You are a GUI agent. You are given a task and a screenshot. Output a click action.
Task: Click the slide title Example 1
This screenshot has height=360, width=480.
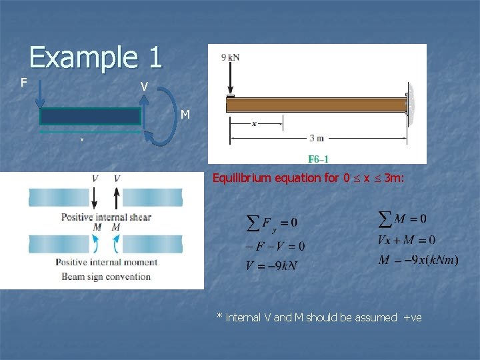pyautogui.click(x=95, y=57)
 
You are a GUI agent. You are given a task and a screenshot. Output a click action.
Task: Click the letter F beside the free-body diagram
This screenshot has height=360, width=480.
pyautogui.click(x=23, y=83)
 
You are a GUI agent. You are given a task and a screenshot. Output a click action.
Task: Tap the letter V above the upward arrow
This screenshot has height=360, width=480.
pyautogui.click(x=144, y=87)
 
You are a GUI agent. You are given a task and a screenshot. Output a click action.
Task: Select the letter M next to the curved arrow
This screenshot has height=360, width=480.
pyautogui.click(x=185, y=115)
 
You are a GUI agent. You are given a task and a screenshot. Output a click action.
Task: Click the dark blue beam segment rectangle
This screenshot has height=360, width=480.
pyautogui.click(x=91, y=117)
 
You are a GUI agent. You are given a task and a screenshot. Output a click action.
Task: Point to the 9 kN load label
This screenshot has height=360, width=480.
pyautogui.click(x=231, y=57)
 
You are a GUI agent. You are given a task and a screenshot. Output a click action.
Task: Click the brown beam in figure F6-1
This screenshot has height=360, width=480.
pyautogui.click(x=318, y=105)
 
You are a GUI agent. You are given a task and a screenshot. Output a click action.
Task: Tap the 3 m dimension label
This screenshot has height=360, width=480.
pyautogui.click(x=317, y=139)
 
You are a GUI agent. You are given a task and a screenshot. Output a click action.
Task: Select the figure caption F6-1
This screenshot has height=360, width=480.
pyautogui.click(x=318, y=159)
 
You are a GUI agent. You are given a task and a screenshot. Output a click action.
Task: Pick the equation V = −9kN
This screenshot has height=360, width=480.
pyautogui.click(x=272, y=265)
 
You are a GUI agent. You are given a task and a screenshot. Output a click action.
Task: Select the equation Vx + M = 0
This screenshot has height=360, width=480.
pyautogui.click(x=406, y=239)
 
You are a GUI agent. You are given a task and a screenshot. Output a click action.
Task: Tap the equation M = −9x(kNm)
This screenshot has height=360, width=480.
pyautogui.click(x=418, y=260)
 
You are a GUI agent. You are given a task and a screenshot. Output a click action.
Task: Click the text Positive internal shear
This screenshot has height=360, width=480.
pyautogui.click(x=106, y=217)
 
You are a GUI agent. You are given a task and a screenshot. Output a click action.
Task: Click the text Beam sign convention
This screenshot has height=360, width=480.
pyautogui.click(x=106, y=277)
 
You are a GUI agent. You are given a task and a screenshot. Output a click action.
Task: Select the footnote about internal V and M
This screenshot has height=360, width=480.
pyautogui.click(x=319, y=317)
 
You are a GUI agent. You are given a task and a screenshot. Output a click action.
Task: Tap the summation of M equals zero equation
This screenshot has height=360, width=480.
pyautogui.click(x=402, y=218)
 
